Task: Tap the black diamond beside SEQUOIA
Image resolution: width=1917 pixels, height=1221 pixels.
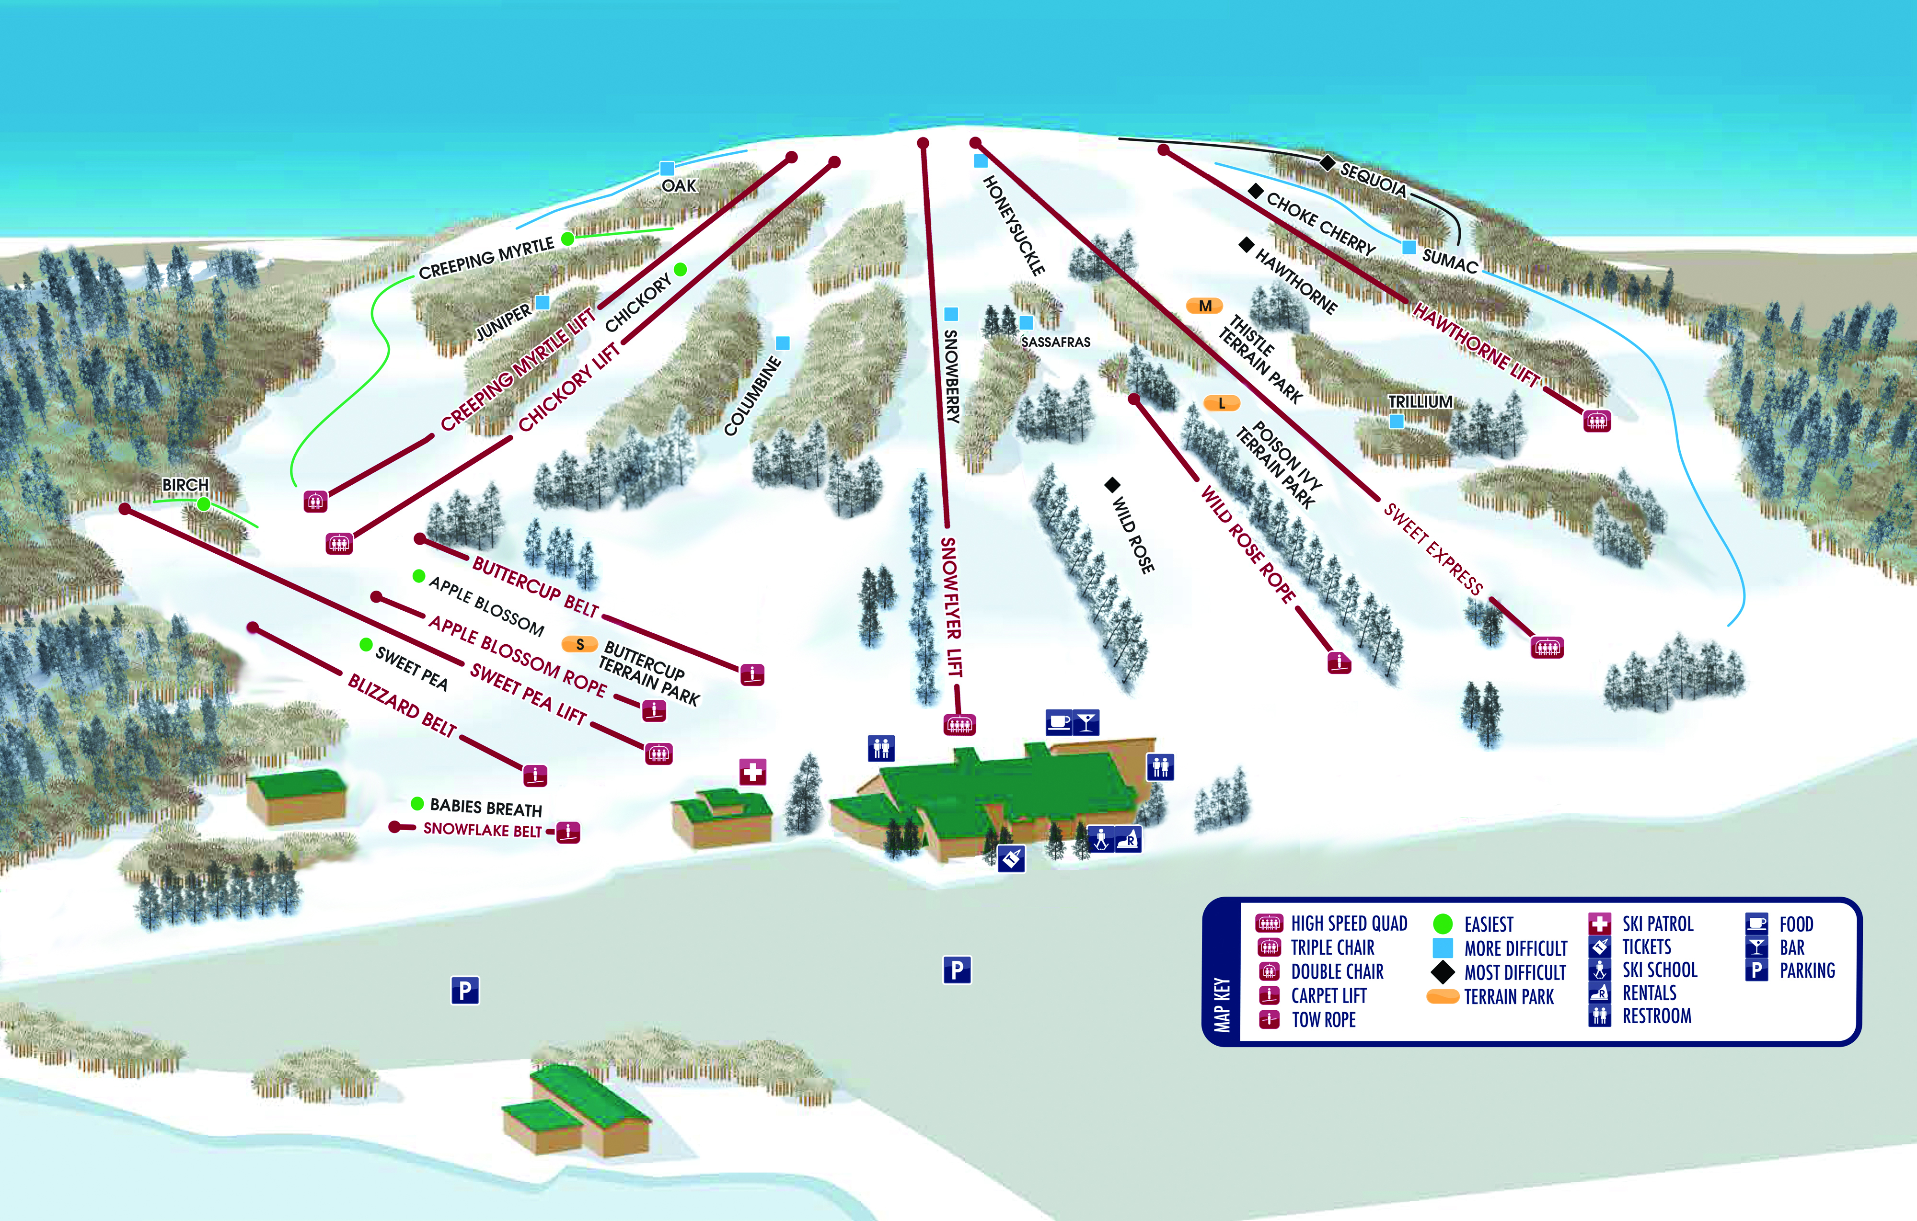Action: (1327, 163)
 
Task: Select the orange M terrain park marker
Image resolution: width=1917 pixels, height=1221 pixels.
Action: (1204, 306)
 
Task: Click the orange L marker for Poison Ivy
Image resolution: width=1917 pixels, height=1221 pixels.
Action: (1221, 403)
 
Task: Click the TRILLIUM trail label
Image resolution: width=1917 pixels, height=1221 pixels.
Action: (1420, 402)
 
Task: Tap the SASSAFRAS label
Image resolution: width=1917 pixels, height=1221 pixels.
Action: (1056, 342)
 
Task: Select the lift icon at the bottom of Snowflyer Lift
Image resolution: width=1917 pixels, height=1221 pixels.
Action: (959, 724)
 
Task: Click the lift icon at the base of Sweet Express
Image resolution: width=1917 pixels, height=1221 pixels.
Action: (1547, 648)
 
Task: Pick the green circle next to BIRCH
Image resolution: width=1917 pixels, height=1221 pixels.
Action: (204, 504)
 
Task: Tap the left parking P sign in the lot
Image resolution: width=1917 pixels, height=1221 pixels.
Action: (465, 990)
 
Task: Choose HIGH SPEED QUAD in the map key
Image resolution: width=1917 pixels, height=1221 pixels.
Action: (1349, 924)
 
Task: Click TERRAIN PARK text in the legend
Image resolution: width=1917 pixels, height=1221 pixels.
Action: (1509, 996)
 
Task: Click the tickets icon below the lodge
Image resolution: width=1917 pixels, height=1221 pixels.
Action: (1011, 858)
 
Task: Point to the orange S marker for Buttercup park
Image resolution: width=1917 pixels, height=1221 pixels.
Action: (579, 644)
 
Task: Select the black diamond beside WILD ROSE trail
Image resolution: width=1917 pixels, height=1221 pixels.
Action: (1112, 485)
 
